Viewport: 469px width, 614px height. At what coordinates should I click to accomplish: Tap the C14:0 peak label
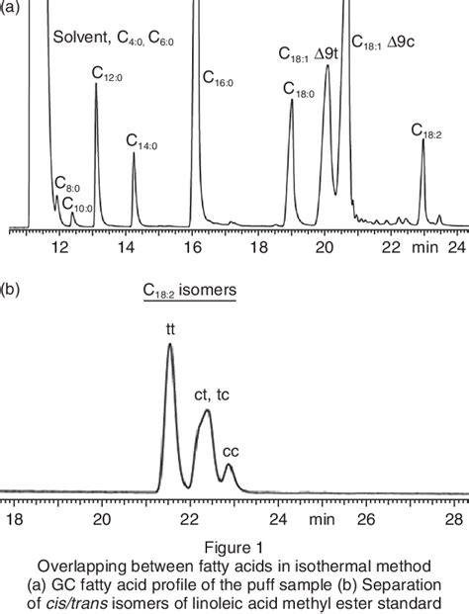[142, 141]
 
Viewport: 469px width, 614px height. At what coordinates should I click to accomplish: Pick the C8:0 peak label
[67, 184]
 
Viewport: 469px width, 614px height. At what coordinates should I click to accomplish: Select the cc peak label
[230, 451]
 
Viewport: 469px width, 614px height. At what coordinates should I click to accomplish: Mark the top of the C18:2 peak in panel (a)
[422, 140]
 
